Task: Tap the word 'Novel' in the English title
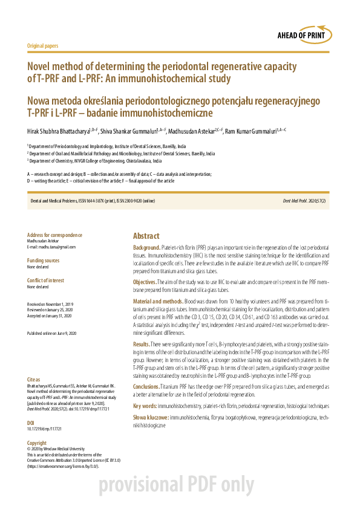(x=41, y=66)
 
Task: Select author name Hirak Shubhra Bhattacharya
(x=57, y=130)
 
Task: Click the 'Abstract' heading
(x=146, y=236)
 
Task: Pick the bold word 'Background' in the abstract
(x=147, y=248)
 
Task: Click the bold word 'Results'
(x=141, y=343)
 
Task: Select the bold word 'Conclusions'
(x=146, y=385)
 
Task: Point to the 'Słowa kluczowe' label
(x=151, y=418)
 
